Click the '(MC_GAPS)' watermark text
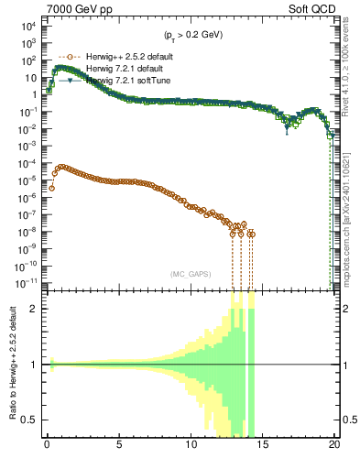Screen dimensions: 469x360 [x=188, y=273]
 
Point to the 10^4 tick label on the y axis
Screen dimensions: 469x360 [x=27, y=27]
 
